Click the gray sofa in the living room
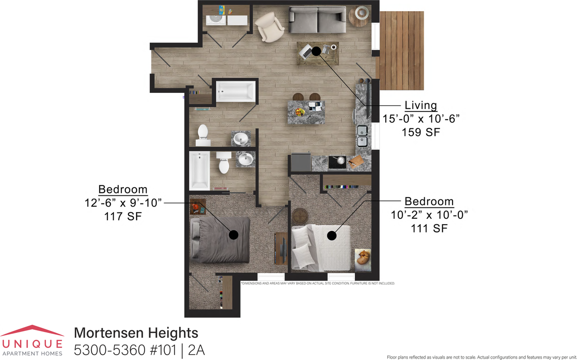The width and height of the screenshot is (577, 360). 317,20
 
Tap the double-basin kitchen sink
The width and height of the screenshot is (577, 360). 362,136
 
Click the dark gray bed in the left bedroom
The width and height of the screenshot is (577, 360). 221,239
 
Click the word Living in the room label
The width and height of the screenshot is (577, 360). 421,106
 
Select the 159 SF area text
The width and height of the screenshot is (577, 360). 421,132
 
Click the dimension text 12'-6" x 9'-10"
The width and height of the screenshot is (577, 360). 123,203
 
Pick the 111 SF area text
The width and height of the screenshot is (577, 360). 429,228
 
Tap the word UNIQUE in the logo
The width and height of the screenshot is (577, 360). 32,344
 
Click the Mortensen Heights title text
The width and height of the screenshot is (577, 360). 136,333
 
